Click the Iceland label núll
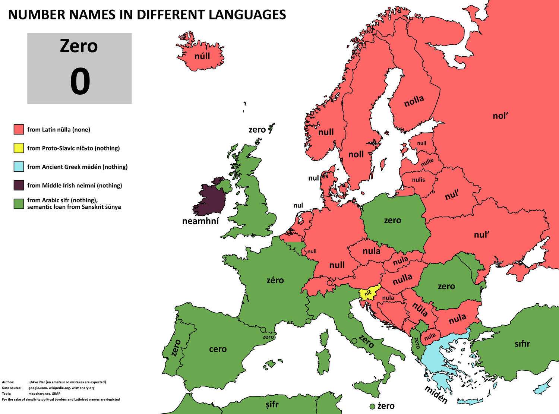tap(202, 56)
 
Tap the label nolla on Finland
tap(414, 101)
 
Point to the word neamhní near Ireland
tap(200, 221)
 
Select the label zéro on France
tap(275, 280)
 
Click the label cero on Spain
tap(218, 349)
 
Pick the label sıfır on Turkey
tap(522, 344)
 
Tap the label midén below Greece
tap(436, 394)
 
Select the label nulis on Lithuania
tap(419, 180)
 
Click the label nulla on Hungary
tap(402, 278)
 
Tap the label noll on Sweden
tap(356, 154)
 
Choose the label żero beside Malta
tap(386, 406)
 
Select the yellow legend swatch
tap(19, 148)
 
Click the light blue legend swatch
tap(19, 167)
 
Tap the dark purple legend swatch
tap(19, 185)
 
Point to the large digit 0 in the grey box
tap(80, 82)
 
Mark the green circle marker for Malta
tap(372, 406)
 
